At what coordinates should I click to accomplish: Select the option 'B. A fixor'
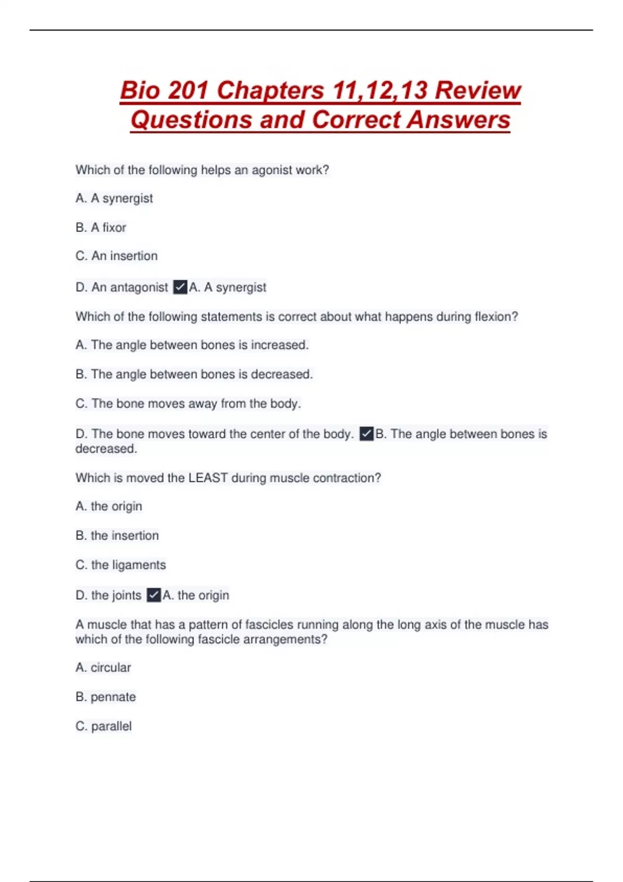(x=101, y=227)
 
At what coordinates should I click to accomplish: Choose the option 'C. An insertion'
(x=116, y=256)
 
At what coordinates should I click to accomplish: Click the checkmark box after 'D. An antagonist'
(x=180, y=287)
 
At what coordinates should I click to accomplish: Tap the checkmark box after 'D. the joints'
(x=154, y=595)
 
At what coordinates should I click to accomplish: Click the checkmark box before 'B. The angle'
(x=367, y=434)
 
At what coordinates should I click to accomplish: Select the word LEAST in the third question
(x=208, y=478)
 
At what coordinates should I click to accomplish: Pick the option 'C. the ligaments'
(x=120, y=564)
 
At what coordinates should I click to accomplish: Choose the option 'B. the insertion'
(x=117, y=535)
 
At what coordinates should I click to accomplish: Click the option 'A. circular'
(x=103, y=667)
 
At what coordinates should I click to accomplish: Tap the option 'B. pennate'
(x=105, y=697)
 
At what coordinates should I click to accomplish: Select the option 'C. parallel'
(x=103, y=726)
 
